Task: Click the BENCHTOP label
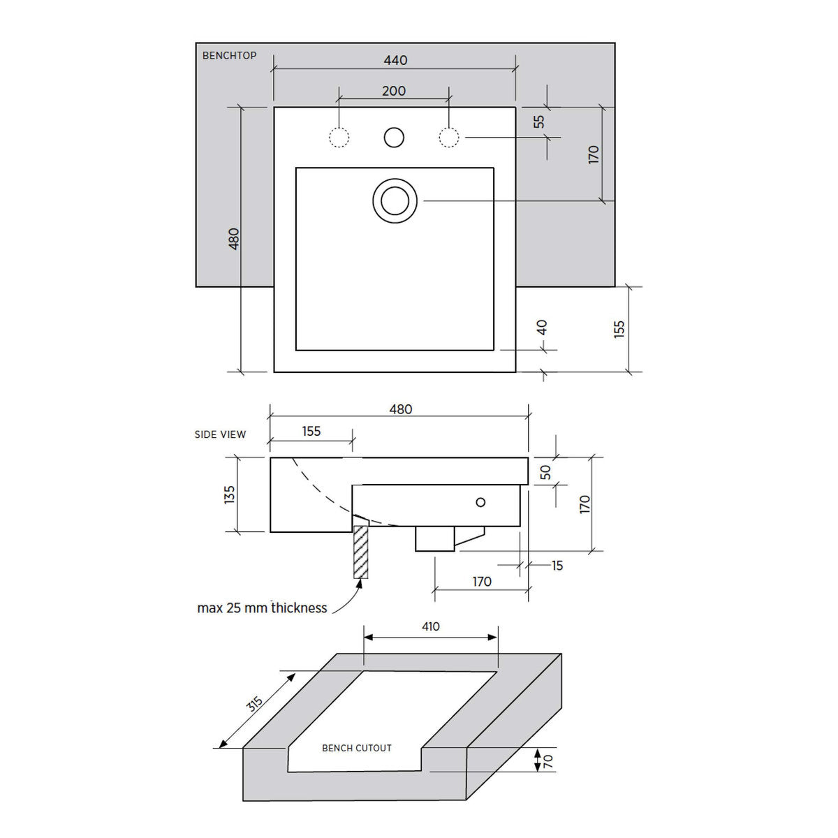tap(229, 56)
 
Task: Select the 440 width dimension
tap(395, 60)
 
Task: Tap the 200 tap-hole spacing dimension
tap(394, 91)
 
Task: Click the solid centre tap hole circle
tap(394, 138)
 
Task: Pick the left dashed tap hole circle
tap(339, 138)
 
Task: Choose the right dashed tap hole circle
tap(449, 138)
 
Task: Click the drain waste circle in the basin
tap(395, 201)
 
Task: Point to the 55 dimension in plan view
tap(539, 122)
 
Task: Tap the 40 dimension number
tap(542, 328)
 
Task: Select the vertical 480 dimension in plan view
tap(234, 239)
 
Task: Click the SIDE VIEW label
tap(220, 434)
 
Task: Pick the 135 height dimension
tap(229, 495)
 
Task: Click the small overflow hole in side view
tap(480, 502)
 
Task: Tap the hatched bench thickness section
tap(361, 552)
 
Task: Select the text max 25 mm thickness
tap(262, 608)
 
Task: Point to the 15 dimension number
tap(557, 566)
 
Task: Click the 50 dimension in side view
tap(545, 472)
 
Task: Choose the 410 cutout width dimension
tap(431, 626)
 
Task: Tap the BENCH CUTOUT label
tap(357, 748)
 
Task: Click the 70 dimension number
tap(548, 761)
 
